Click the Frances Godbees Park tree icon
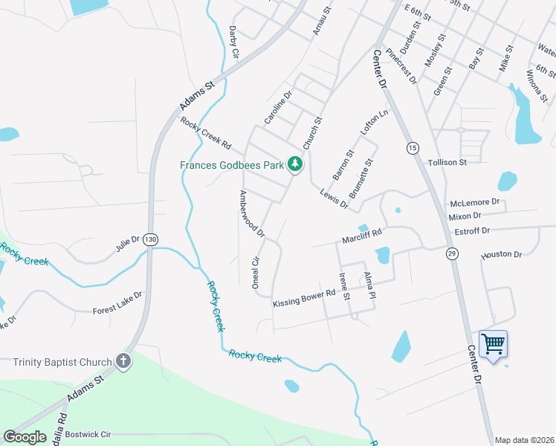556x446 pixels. pyautogui.click(x=296, y=164)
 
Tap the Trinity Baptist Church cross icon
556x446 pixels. pyautogui.click(x=123, y=362)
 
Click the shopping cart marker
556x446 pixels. pyautogui.click(x=493, y=345)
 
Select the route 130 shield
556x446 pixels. pyautogui.click(x=151, y=239)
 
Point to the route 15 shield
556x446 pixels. pyautogui.click(x=412, y=148)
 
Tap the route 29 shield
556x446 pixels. pyautogui.click(x=452, y=254)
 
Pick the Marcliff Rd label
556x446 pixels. pyautogui.click(x=362, y=236)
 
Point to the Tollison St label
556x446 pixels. pyautogui.click(x=447, y=162)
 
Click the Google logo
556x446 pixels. pyautogui.click(x=25, y=437)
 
